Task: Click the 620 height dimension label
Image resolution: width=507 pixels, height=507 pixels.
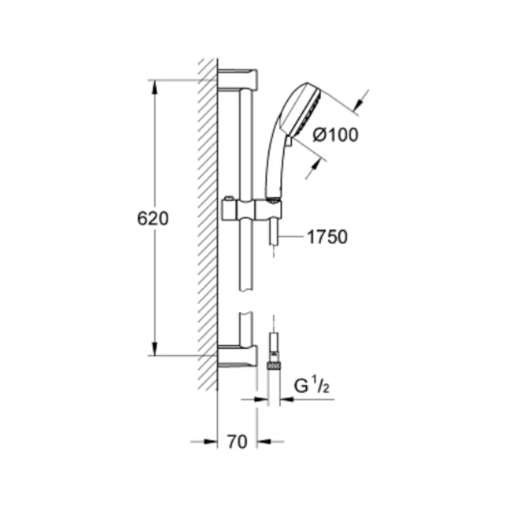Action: (x=153, y=219)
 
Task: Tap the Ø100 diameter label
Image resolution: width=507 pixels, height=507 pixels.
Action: (x=336, y=135)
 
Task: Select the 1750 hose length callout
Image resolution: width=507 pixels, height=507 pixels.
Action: (x=327, y=237)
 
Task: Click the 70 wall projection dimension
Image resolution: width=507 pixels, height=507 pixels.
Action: (x=237, y=442)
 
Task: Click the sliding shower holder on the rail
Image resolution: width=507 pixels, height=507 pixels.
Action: (x=252, y=209)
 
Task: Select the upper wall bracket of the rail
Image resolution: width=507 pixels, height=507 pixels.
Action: (x=238, y=79)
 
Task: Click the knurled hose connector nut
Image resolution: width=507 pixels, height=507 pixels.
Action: (x=274, y=366)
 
